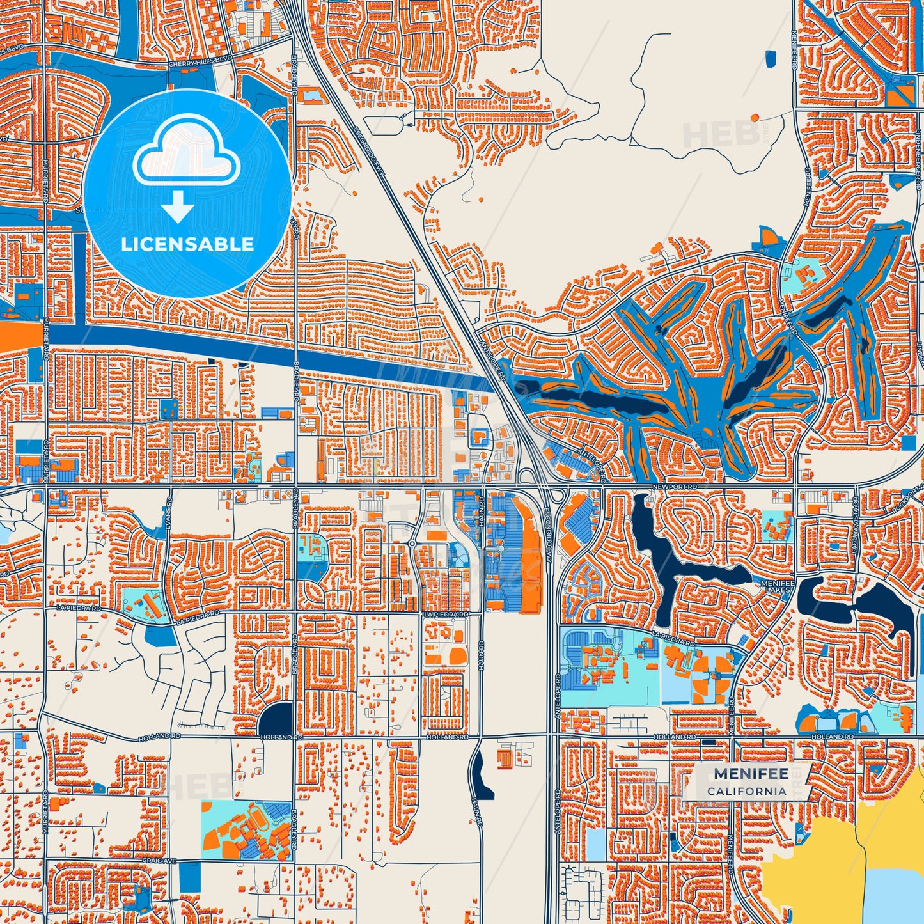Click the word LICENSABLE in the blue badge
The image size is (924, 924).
click(x=187, y=244)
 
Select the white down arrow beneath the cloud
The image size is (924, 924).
click(x=178, y=206)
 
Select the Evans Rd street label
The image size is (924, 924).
click(x=169, y=509)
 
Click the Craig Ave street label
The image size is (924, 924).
click(x=155, y=861)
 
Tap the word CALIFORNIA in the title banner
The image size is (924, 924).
click(x=747, y=791)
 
